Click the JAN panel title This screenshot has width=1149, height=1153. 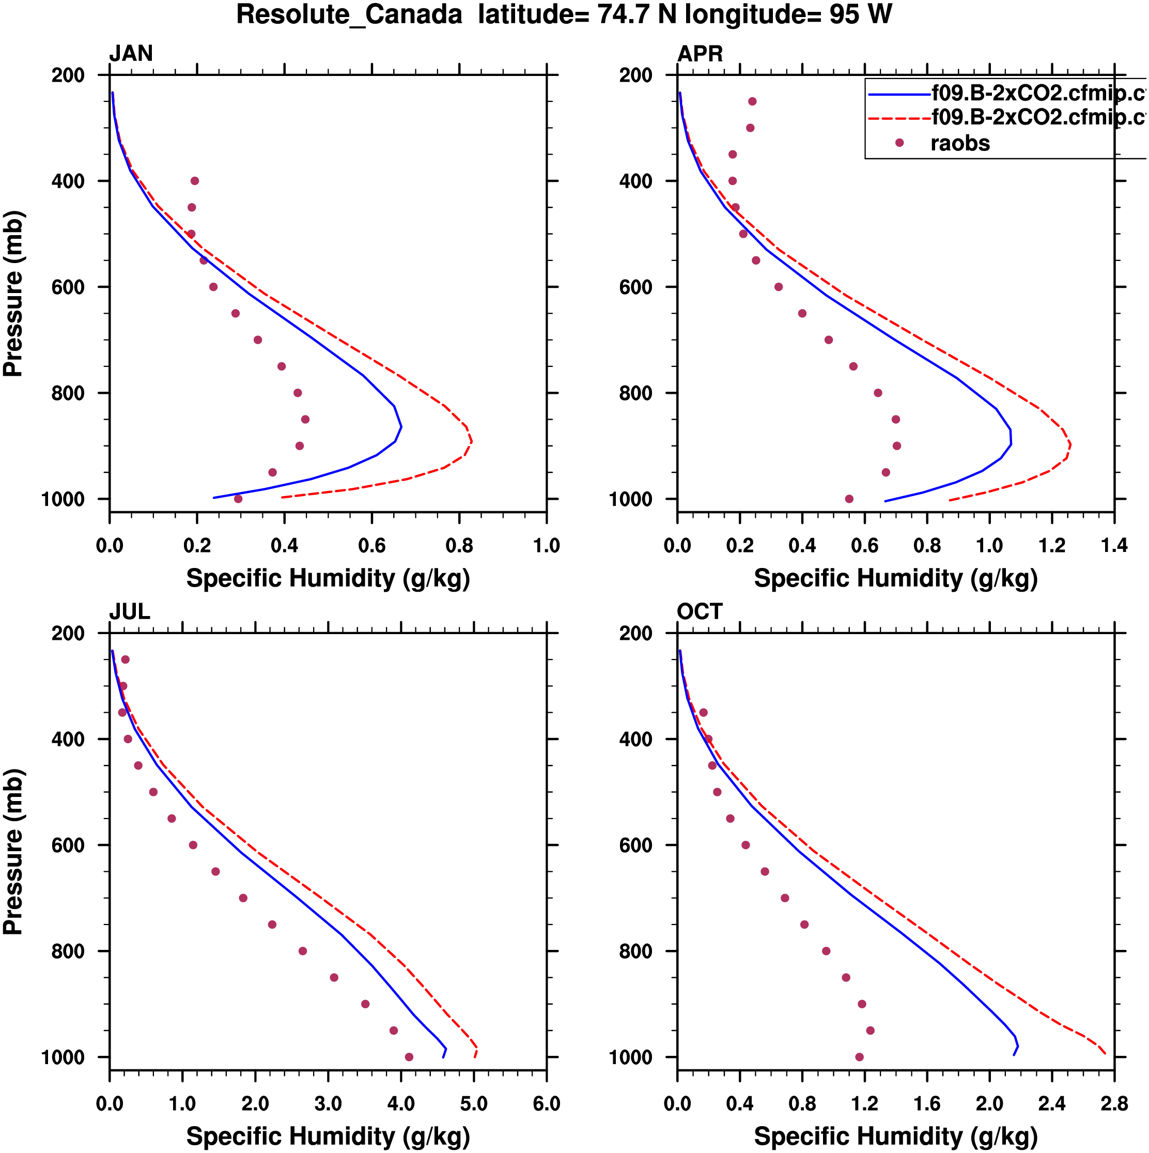(x=131, y=54)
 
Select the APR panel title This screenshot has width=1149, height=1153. (x=700, y=54)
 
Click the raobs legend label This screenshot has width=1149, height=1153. (x=960, y=143)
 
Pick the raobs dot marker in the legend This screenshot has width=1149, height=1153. (x=899, y=143)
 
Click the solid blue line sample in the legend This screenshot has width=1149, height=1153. (x=899, y=94)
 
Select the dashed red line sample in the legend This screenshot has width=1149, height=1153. (x=899, y=118)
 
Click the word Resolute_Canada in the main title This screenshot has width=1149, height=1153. (x=349, y=15)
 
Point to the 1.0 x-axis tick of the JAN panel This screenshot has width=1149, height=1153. (x=546, y=545)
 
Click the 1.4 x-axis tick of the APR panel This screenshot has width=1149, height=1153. (x=1114, y=545)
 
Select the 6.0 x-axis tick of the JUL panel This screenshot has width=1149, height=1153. (x=546, y=1103)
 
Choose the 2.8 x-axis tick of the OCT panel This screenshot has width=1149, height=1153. (x=1114, y=1103)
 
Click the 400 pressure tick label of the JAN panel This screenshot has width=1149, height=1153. (x=68, y=181)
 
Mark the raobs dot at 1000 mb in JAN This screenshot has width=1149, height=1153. (x=238, y=499)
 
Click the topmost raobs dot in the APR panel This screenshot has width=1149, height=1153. (x=752, y=101)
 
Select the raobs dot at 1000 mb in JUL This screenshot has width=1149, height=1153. (x=409, y=1057)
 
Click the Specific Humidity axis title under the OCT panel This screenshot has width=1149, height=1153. (x=895, y=1136)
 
